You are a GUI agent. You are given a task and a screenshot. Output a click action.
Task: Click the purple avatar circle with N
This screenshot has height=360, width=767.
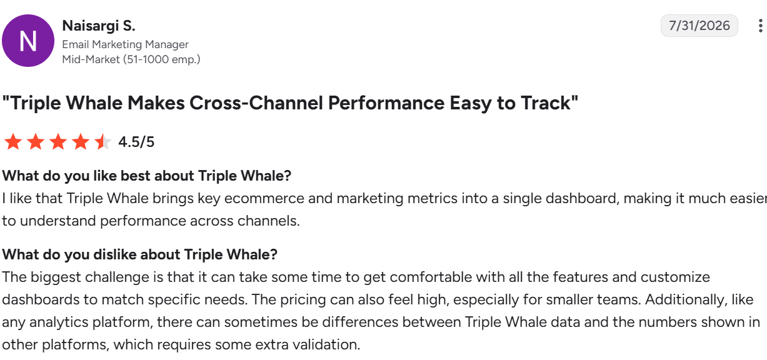28,41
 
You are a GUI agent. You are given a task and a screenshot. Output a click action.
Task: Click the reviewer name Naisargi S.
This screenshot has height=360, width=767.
99,26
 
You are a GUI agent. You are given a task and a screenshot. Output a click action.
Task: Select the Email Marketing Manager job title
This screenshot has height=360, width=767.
125,44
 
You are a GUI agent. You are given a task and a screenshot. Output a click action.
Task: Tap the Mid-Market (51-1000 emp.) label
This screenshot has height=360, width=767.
131,59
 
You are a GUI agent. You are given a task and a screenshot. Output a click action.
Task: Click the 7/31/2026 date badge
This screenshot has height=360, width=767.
699,26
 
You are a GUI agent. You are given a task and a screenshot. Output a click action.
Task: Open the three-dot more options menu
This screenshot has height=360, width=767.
761,26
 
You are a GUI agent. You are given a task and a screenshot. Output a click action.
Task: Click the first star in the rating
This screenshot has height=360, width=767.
13,142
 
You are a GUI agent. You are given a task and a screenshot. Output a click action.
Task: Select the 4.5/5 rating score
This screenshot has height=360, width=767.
136,142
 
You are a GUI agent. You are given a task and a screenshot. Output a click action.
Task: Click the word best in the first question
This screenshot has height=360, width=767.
135,176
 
